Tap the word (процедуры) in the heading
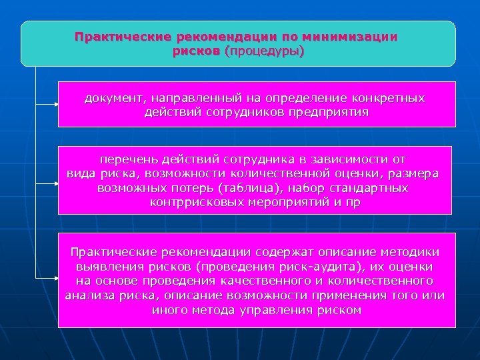264,51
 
